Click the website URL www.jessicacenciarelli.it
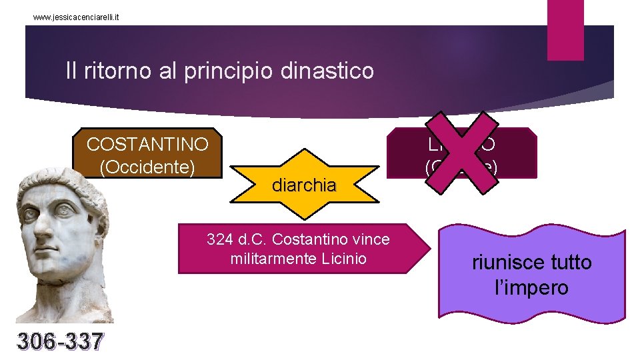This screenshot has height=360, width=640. click(x=77, y=15)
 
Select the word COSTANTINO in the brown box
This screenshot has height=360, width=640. click(x=147, y=144)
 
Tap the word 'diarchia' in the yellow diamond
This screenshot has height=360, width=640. click(x=304, y=185)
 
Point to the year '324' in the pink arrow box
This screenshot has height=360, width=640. click(x=219, y=239)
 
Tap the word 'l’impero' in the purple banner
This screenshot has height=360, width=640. click(x=531, y=287)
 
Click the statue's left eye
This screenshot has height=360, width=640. click(x=67, y=208)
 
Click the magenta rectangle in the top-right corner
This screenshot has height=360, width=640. click(x=565, y=29)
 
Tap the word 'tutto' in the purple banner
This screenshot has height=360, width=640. click(x=571, y=262)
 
